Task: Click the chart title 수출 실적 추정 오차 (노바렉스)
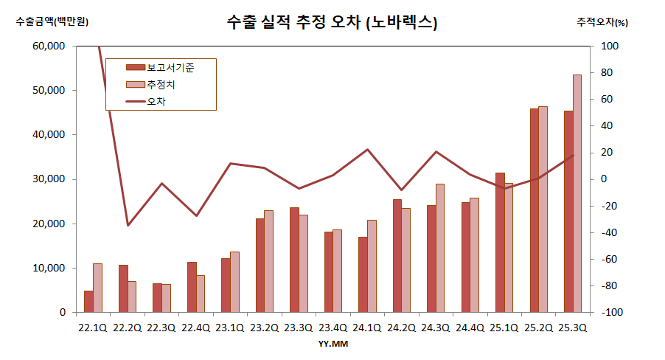coord(332,23)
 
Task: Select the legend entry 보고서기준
coord(170,67)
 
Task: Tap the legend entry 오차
coord(156,101)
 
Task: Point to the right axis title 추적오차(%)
coord(602,22)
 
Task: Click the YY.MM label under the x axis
coord(332,344)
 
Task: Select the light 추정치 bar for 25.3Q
coord(577,193)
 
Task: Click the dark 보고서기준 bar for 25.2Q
coord(535,210)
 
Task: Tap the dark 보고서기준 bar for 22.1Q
coord(88,301)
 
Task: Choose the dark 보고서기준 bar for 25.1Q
coord(500,242)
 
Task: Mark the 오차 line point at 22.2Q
coord(128,225)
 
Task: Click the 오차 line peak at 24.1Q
coord(367,150)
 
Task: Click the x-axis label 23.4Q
coord(332,328)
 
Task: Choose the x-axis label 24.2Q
coord(401,328)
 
